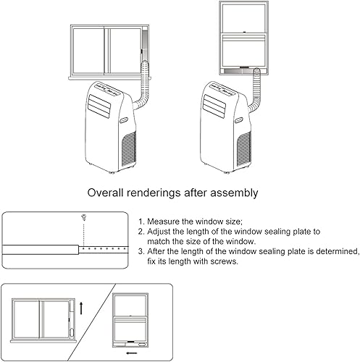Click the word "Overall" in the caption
click(105, 193)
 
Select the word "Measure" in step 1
click(163, 222)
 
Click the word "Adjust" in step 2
click(159, 232)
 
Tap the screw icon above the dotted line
click(84, 217)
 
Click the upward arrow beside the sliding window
click(81, 308)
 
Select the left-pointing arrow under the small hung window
click(132, 353)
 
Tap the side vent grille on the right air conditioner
click(244, 149)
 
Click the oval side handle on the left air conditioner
click(125, 120)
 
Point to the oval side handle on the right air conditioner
click(240, 120)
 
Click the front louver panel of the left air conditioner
click(99, 106)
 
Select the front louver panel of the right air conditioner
click(214, 106)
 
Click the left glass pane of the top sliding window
click(88, 51)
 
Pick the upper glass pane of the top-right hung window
click(244, 18)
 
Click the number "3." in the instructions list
click(141, 251)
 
